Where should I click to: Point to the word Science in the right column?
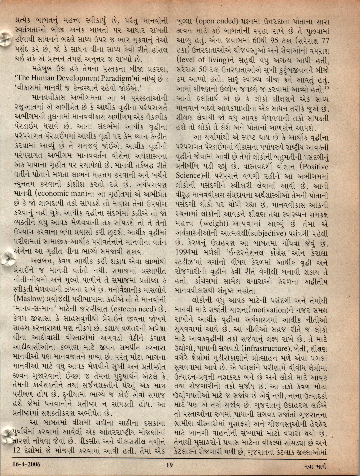tap(186, 175)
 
